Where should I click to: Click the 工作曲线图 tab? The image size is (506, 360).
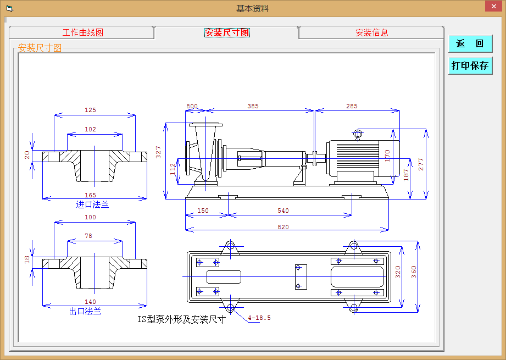tap(82, 32)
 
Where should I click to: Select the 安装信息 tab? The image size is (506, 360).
tap(371, 32)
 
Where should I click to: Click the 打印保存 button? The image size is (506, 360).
tap(470, 65)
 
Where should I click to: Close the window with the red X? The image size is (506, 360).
tap(494, 6)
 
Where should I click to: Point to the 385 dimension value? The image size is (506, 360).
tap(253, 106)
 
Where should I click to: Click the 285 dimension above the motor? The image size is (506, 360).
tap(352, 106)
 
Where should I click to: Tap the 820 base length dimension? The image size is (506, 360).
tap(283, 226)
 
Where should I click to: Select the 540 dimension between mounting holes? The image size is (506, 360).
tap(283, 211)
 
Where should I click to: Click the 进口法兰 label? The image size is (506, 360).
tap(92, 204)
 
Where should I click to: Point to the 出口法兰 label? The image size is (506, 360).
tap(85, 311)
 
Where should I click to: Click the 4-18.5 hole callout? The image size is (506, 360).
tap(259, 318)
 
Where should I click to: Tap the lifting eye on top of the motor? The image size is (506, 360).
tap(358, 134)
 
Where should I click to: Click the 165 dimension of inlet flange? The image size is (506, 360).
tap(90, 195)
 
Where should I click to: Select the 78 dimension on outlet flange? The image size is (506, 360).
tap(88, 236)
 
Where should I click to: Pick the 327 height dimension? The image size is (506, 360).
tap(158, 152)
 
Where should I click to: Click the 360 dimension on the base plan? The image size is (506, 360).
tap(414, 272)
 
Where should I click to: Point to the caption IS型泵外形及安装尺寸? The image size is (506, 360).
tap(181, 319)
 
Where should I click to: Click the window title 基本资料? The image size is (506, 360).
tap(253, 9)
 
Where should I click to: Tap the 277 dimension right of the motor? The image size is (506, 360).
tap(420, 164)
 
